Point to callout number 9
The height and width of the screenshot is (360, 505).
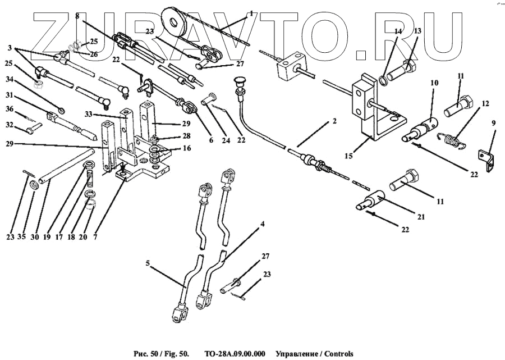point(494,122)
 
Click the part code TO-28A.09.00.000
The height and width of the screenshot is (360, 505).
point(235,354)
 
